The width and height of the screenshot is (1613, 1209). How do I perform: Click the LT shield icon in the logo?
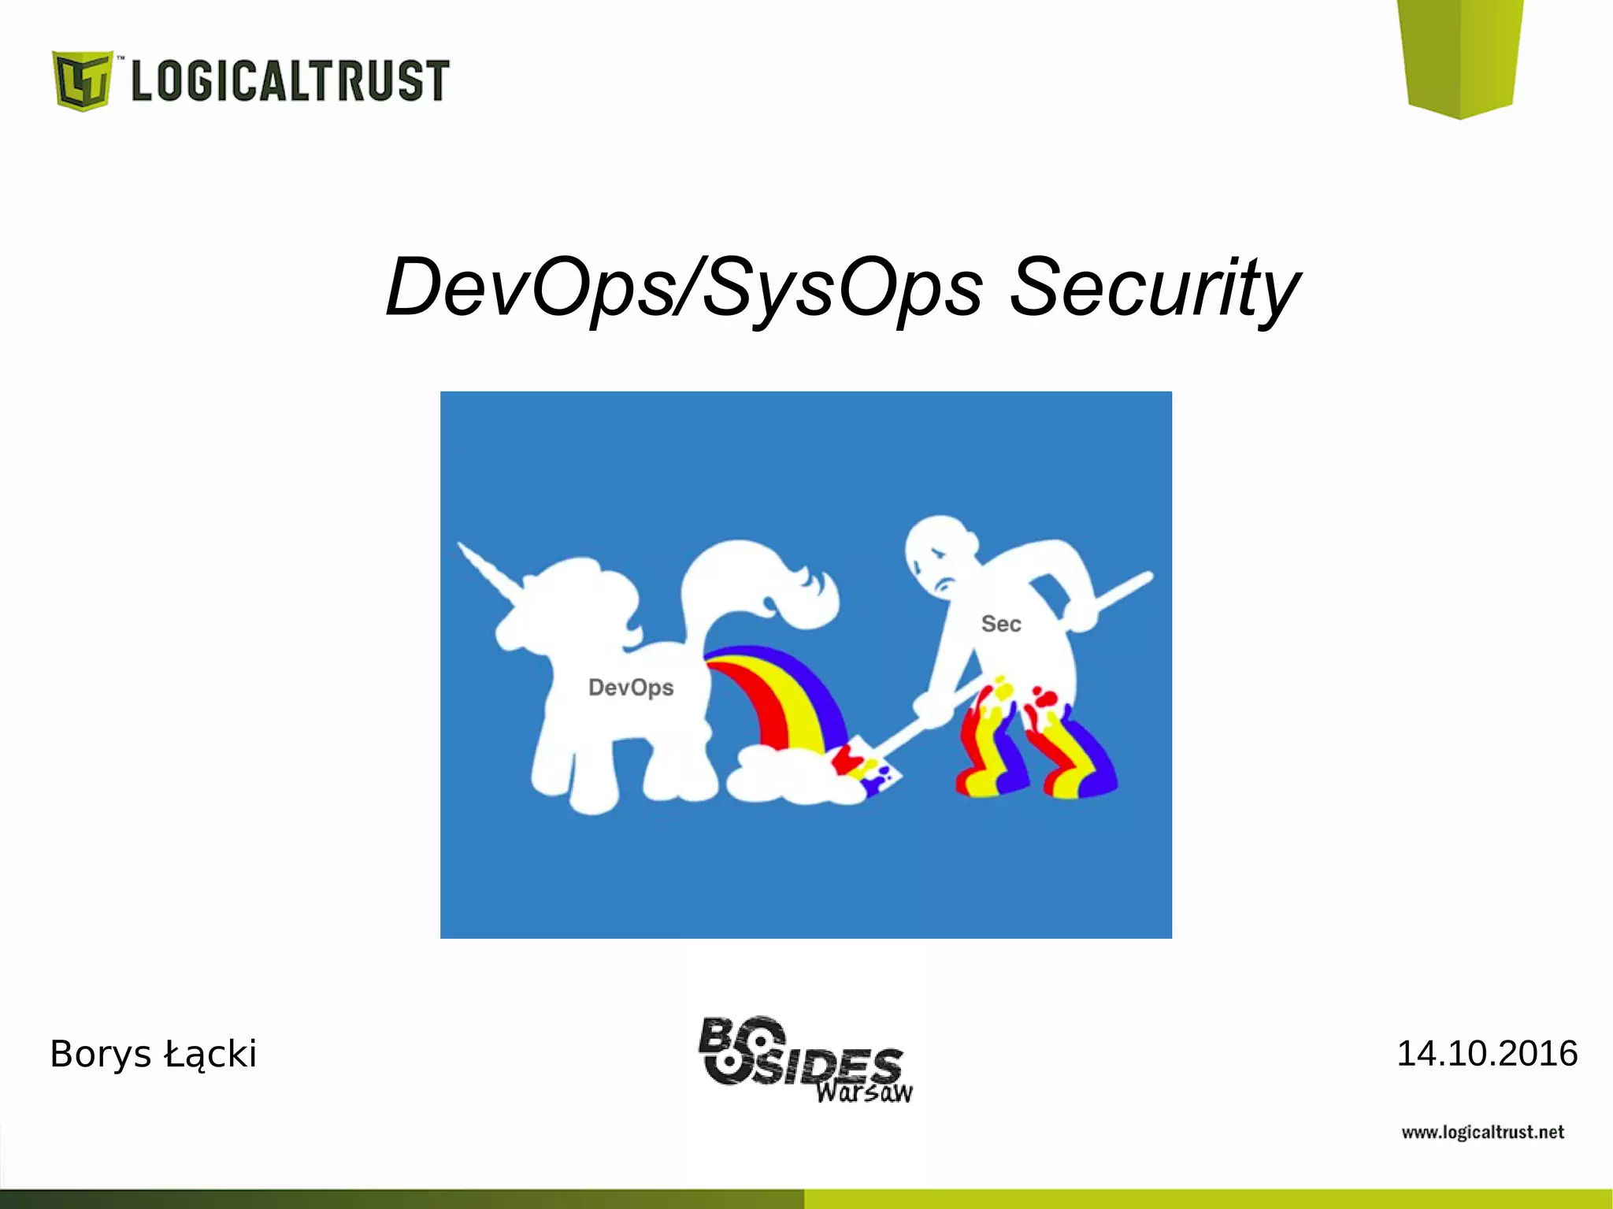81,80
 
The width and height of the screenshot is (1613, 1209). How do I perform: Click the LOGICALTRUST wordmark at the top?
290,80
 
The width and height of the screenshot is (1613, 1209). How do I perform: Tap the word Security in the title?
1153,288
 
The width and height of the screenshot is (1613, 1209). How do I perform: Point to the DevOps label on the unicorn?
631,688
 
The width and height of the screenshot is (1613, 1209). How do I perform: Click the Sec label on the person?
1000,624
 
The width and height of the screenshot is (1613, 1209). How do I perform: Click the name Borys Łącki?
153,1054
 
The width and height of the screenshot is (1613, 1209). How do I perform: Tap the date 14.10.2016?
1486,1054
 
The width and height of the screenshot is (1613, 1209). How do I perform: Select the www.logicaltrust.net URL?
1482,1133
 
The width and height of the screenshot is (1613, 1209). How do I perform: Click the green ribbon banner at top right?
1461,55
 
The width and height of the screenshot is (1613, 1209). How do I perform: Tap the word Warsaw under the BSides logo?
864,1092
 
